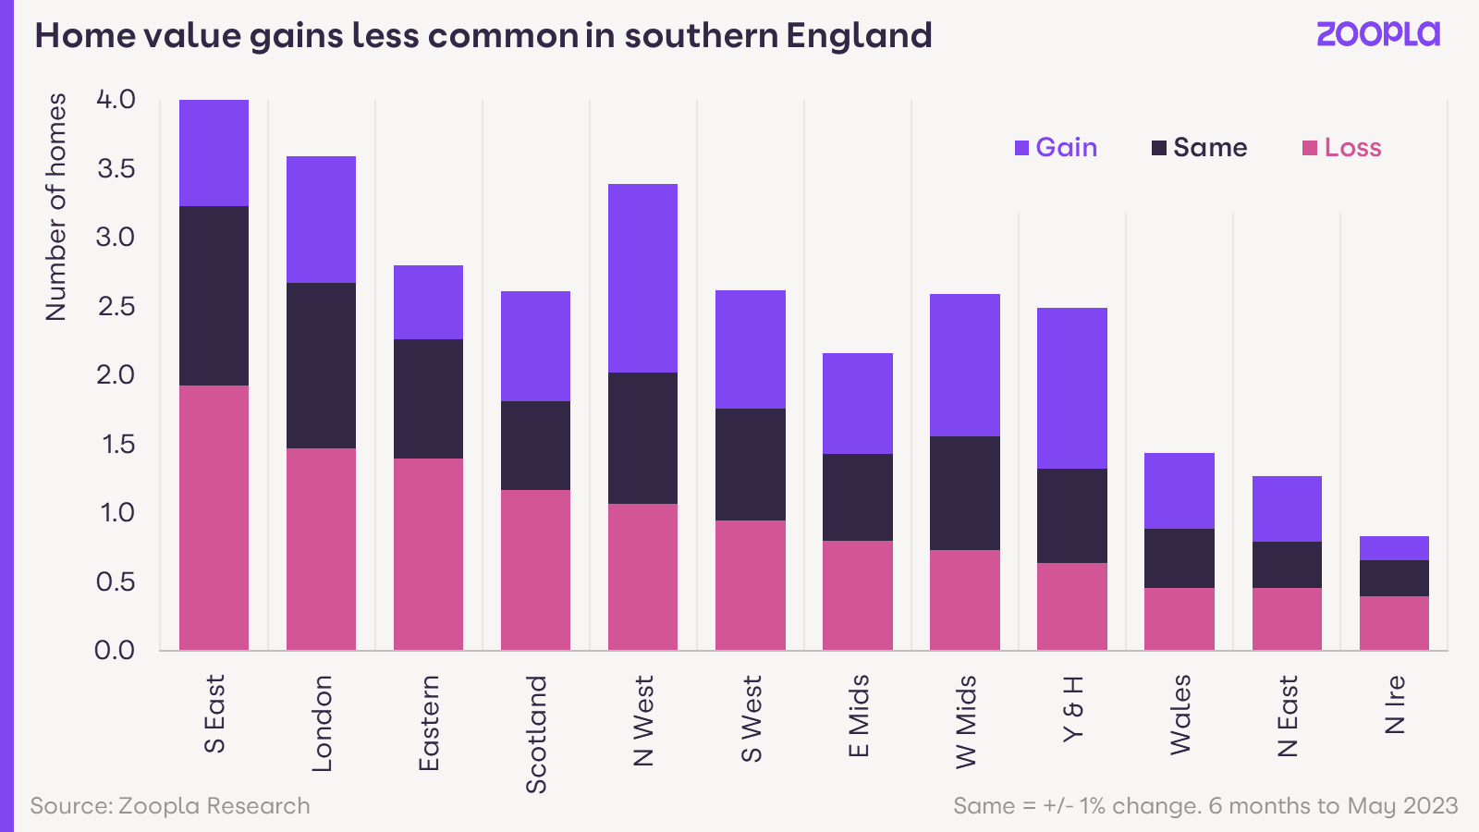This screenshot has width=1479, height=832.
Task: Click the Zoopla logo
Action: point(1377,34)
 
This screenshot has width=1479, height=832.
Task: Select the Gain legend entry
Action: point(1057,148)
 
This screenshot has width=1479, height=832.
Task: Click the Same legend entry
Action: point(1200,148)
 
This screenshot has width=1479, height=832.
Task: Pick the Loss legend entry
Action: point(1342,148)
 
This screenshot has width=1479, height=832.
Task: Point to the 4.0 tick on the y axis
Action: point(116,99)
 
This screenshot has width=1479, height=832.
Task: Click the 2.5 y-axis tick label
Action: point(116,306)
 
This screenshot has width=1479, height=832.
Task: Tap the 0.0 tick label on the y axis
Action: point(115,650)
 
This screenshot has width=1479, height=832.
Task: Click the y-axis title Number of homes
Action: point(56,207)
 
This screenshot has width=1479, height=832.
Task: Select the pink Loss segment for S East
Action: point(214,518)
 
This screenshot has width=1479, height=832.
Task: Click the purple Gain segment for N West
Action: point(642,277)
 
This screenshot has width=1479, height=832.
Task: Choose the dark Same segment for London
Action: point(321,365)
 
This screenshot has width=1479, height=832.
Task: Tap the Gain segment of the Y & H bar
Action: point(1071,388)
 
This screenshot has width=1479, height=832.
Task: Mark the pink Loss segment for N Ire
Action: point(1394,623)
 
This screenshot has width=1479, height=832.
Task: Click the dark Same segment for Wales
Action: point(1179,558)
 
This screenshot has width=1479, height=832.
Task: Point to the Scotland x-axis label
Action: point(536,734)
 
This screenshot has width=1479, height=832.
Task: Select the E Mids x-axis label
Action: point(858,716)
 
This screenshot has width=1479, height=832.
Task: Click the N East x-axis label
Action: point(1287,716)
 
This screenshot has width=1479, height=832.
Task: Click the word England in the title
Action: point(859,35)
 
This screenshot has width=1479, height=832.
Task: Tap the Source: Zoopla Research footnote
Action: point(170,806)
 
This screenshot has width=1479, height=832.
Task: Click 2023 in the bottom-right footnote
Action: point(1430,806)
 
